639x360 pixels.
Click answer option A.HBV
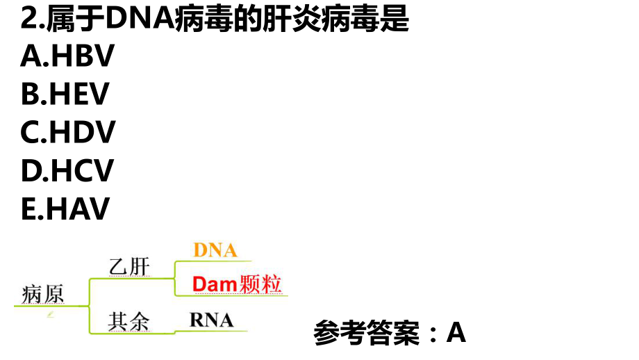pyautogui.click(x=67, y=57)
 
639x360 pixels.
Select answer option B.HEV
pyautogui.click(x=65, y=95)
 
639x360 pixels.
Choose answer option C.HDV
pyautogui.click(x=68, y=132)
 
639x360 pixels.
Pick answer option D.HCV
pyautogui.click(x=67, y=170)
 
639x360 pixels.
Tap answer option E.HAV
pyautogui.click(x=65, y=208)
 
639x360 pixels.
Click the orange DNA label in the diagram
pyautogui.click(x=215, y=250)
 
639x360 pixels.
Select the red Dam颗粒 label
pyautogui.click(x=237, y=284)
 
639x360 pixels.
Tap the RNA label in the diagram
pyautogui.click(x=212, y=320)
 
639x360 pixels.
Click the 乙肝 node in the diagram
pyautogui.click(x=129, y=267)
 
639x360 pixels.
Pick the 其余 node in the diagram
pyautogui.click(x=128, y=321)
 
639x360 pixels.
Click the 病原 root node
pyautogui.click(x=43, y=294)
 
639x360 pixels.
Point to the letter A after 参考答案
pyautogui.click(x=456, y=334)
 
